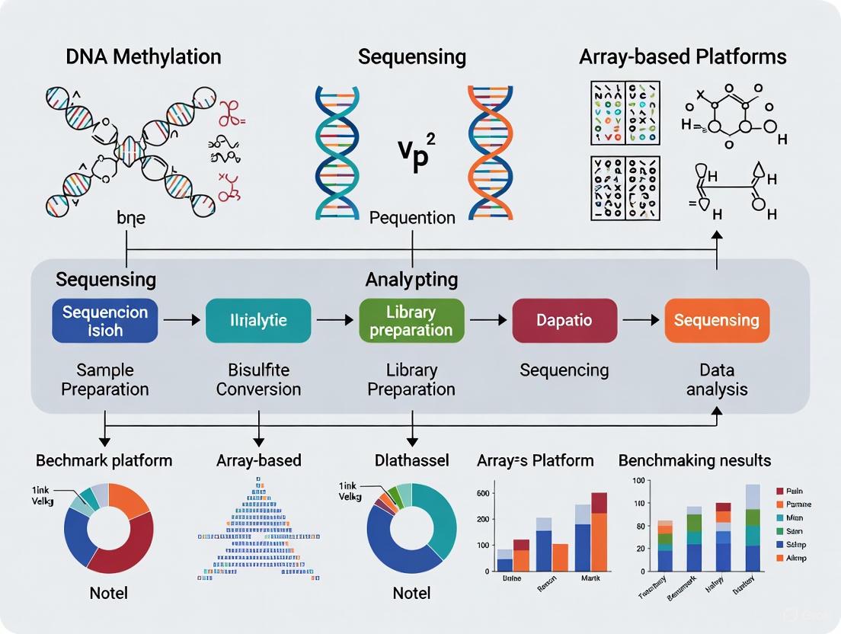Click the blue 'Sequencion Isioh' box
[x=105, y=321]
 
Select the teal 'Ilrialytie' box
[x=259, y=321]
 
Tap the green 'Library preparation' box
[x=411, y=321]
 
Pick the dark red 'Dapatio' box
[x=564, y=321]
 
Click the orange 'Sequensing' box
[x=717, y=321]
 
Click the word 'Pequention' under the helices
[x=412, y=218]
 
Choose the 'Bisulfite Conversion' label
[x=259, y=379]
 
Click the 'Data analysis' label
[x=717, y=379]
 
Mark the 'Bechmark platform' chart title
[x=104, y=460]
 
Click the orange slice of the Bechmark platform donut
[x=131, y=499]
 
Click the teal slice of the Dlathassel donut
[x=438, y=518]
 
